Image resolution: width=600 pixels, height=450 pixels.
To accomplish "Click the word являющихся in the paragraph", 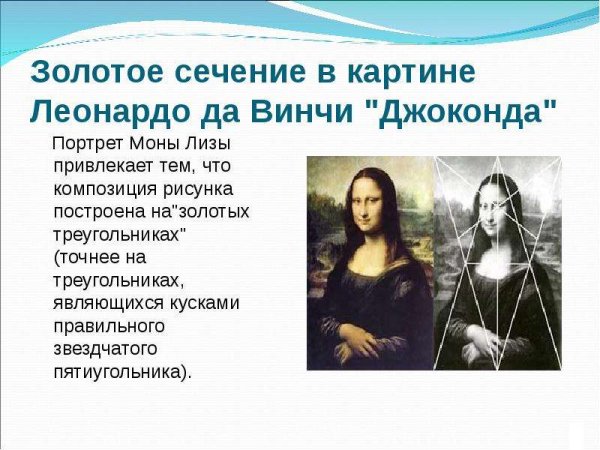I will click(99, 302).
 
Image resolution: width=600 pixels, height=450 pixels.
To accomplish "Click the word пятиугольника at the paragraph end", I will click(116, 371).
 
